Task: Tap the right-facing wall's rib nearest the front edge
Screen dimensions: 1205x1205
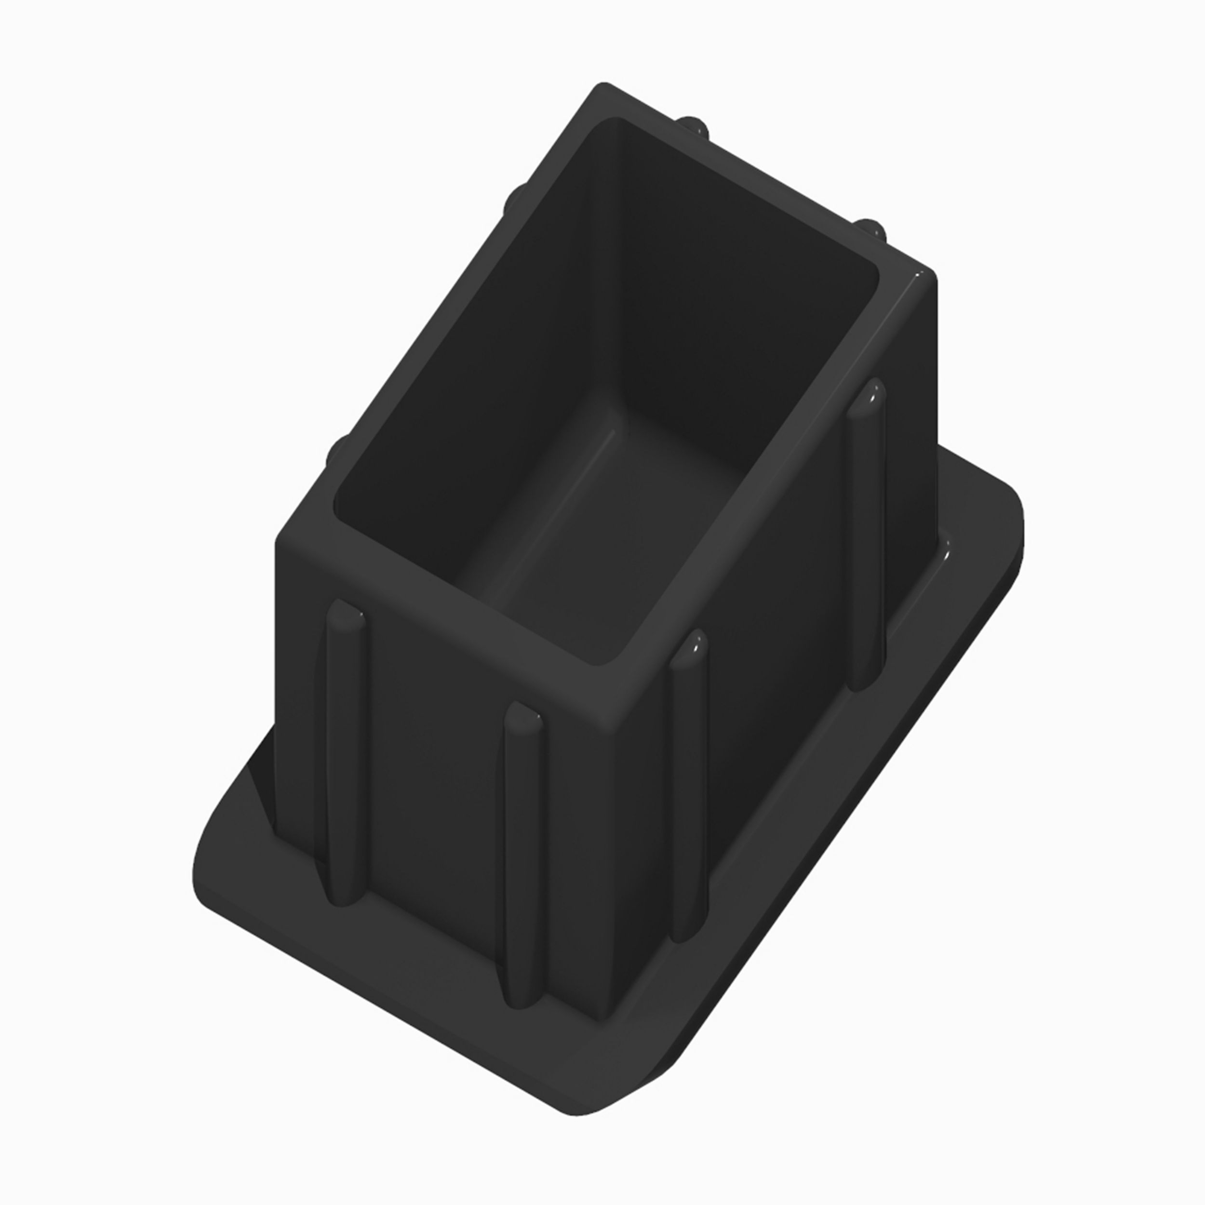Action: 690,786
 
